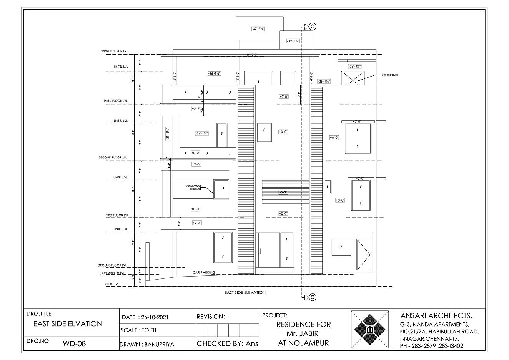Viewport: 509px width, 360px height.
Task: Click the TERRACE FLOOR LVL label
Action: (x=114, y=51)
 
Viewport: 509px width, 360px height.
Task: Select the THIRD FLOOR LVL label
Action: (x=115, y=101)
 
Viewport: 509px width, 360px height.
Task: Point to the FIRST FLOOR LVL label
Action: (x=117, y=215)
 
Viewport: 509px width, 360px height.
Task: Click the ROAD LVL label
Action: (x=112, y=284)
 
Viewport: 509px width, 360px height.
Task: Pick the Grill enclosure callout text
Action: (x=389, y=75)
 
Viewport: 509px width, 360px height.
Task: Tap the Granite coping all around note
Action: (x=193, y=187)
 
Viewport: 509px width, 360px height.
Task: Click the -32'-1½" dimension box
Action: (x=293, y=41)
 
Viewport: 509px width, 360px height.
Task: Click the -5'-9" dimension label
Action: (x=283, y=192)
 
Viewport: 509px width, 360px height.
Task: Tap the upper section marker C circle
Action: (x=313, y=27)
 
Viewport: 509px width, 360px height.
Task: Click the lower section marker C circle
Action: (x=313, y=297)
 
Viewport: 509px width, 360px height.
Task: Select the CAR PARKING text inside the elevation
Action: (x=204, y=272)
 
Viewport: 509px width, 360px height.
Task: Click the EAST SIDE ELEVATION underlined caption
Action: (x=245, y=293)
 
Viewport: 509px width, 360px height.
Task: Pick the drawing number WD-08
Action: (x=74, y=343)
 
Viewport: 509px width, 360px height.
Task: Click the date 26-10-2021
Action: (x=153, y=318)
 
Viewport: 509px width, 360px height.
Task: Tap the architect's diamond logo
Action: (x=369, y=329)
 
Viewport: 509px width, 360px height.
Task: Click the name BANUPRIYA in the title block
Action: (x=159, y=344)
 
